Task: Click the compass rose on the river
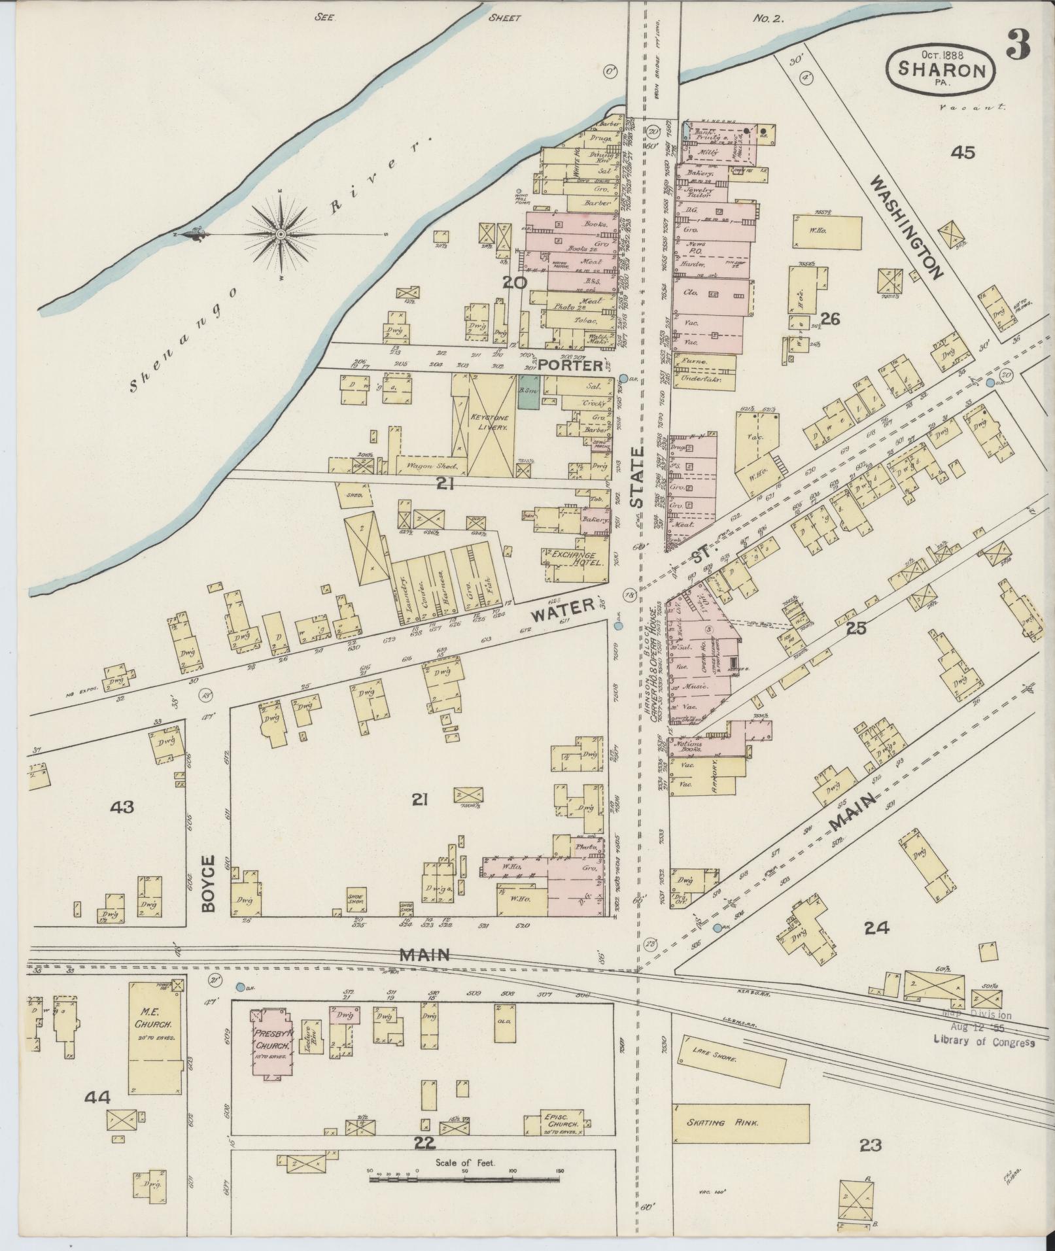[x=280, y=233]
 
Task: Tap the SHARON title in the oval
[x=941, y=70]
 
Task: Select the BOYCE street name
[x=208, y=882]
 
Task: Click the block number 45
[x=963, y=152]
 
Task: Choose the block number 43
[x=122, y=807]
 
